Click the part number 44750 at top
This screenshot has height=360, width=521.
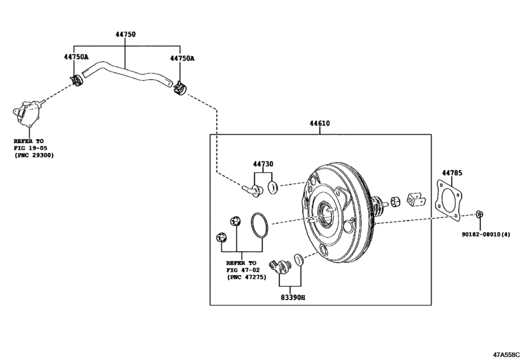tap(125, 34)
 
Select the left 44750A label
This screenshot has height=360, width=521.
tap(76, 57)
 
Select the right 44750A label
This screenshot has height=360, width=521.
tap(182, 58)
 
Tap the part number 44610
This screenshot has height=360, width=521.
tap(319, 123)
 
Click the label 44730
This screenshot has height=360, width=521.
tap(263, 164)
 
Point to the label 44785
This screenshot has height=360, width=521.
tap(452, 172)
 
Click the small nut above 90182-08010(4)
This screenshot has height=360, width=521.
tap(481, 214)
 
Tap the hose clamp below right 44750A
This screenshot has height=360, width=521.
tap(181, 86)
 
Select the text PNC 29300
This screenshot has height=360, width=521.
tap(35, 156)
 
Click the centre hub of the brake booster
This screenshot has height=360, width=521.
tap(328, 212)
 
